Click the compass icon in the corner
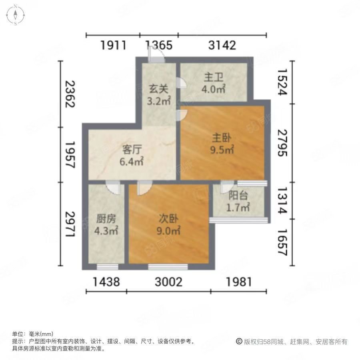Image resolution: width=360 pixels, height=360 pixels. tap(15, 15)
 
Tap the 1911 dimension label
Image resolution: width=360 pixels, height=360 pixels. tap(113, 45)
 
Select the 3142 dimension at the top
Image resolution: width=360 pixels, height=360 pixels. tap(222, 45)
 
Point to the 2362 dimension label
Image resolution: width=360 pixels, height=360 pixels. tap(70, 94)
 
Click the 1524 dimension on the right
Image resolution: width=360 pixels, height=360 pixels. tap(282, 82)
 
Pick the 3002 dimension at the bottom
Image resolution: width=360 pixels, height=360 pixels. tap(168, 282)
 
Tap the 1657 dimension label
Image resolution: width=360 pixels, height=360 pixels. tap(282, 242)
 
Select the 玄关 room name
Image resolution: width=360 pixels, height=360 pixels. tap(158, 89)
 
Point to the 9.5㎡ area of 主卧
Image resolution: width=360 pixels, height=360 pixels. tap(222, 150)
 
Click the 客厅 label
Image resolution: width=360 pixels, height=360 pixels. tap(132, 150)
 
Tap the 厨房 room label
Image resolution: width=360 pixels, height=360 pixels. tap(106, 219)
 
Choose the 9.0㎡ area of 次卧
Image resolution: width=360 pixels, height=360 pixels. tap(168, 230)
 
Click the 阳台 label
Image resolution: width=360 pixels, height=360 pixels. tap(238, 196)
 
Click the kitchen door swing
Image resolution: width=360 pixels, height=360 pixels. tap(113, 188)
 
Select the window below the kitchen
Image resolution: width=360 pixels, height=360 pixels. tap(108, 267)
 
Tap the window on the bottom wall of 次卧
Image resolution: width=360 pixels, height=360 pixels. tap(168, 267)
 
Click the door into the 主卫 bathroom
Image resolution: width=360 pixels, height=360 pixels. tap(181, 83)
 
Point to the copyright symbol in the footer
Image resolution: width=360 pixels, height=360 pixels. tap(239, 342)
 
